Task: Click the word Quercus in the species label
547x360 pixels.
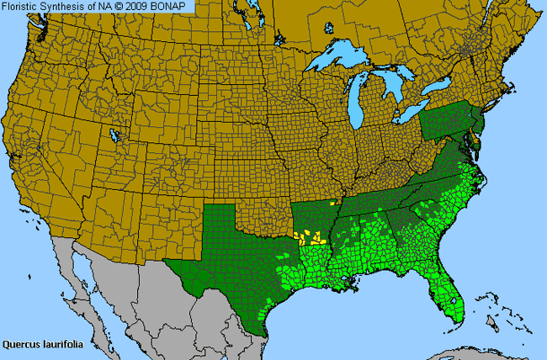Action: pyautogui.click(x=20, y=343)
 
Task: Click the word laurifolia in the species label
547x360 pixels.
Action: pyautogui.click(x=61, y=343)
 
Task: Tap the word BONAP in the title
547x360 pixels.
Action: pyautogui.click(x=176, y=7)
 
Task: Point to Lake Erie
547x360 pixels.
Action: pyautogui.click(x=412, y=112)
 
